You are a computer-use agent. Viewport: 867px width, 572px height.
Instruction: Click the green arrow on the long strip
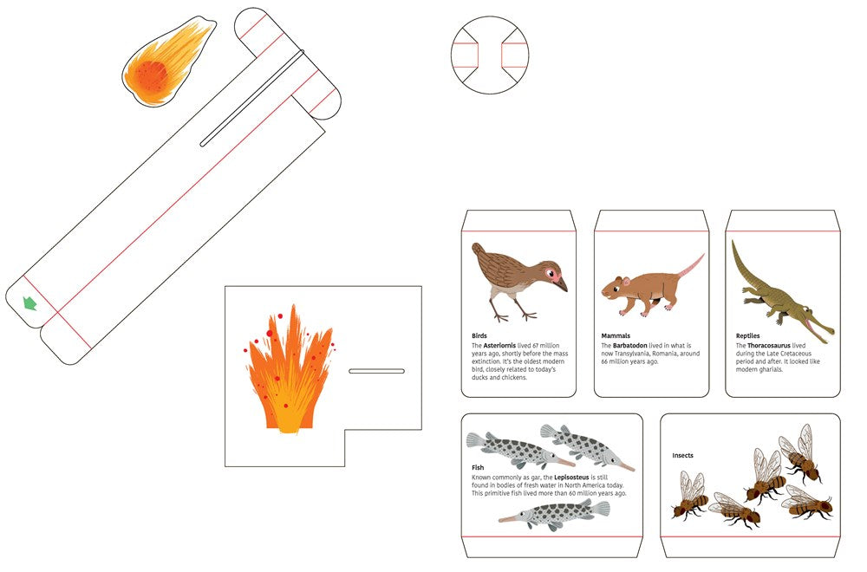[x=29, y=302]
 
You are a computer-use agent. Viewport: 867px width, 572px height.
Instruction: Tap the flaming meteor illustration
[x=166, y=62]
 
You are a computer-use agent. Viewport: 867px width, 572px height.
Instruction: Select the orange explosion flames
[x=290, y=369]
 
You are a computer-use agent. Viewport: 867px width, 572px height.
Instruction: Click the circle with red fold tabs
[x=489, y=55]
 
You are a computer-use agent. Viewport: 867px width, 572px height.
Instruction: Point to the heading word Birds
[x=479, y=335]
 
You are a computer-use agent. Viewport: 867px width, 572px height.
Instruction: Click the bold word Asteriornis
[x=499, y=346]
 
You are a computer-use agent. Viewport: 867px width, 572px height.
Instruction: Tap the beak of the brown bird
[x=561, y=284]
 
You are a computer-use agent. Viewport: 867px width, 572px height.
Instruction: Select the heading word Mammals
[x=616, y=335]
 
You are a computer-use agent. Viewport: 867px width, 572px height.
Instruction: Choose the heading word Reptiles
[x=747, y=335]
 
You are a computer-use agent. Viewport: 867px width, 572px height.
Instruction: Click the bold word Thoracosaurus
[x=769, y=346]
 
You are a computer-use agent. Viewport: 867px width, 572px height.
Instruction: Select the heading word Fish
[x=478, y=467]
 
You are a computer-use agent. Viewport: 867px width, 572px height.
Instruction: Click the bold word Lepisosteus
[x=571, y=477]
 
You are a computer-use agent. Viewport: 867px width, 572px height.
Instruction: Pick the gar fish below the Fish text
[x=554, y=514]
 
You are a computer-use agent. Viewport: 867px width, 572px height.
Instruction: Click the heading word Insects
[x=682, y=455]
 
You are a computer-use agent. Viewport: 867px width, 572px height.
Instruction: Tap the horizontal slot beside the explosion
[x=376, y=372]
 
